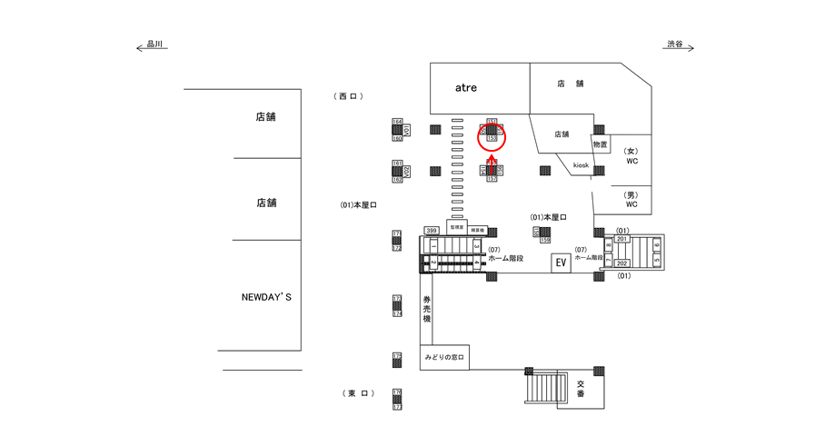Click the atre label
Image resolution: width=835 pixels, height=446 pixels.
pos(465,88)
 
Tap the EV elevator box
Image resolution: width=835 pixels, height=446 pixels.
pos(561,263)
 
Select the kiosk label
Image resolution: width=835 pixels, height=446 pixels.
pos(581,165)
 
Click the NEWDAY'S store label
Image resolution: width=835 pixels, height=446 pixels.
pos(266,297)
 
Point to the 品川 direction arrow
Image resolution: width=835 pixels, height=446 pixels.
pos(152,45)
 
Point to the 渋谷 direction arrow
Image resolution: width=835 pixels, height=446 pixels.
pos(679,45)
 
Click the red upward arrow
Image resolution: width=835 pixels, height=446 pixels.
pos(492,164)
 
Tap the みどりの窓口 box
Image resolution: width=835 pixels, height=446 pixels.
pos(443,358)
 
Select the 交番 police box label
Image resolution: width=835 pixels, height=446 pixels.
pos(580,388)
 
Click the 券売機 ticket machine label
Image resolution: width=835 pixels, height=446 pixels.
pos(426,308)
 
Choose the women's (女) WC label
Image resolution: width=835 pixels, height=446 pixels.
pos(631,155)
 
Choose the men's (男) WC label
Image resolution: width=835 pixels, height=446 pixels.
pos(631,199)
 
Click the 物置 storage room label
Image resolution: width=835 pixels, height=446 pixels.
pos(600,144)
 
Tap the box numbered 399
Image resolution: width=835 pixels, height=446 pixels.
pos(432,231)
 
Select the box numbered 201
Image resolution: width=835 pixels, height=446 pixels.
pos(622,239)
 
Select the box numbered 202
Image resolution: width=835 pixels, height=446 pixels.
pos(622,263)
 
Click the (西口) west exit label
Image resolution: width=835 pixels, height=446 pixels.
pos(349,96)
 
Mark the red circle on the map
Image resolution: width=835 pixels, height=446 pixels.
pos(491,137)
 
